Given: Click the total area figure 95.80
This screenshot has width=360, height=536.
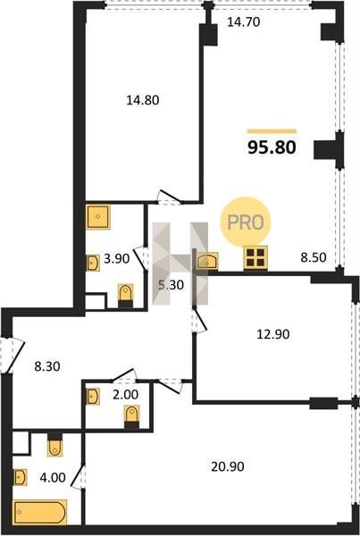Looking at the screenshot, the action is pyautogui.click(x=272, y=147).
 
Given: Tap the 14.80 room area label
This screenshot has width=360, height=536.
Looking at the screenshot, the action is pyautogui.click(x=143, y=100).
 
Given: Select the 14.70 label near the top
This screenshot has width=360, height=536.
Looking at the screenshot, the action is pyautogui.click(x=244, y=21).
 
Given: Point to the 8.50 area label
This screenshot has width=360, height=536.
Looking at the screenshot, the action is pyautogui.click(x=314, y=257).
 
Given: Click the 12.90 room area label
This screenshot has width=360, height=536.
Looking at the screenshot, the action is pyautogui.click(x=273, y=334).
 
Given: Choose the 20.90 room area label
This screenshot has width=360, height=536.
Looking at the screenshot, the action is pyautogui.click(x=228, y=466).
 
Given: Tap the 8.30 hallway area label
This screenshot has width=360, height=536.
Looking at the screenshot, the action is pyautogui.click(x=47, y=366).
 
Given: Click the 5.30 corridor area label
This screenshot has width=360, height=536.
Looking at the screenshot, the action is pyautogui.click(x=171, y=284).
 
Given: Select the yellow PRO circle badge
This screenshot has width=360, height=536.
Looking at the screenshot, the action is pyautogui.click(x=246, y=222).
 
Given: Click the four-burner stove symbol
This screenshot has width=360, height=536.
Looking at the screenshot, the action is pyautogui.click(x=255, y=258).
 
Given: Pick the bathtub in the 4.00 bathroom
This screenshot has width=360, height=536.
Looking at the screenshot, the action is pyautogui.click(x=40, y=512).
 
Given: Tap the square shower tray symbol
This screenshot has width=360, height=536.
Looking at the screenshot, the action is pyautogui.click(x=98, y=216).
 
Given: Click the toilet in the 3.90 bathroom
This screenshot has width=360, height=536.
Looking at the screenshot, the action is pyautogui.click(x=125, y=296).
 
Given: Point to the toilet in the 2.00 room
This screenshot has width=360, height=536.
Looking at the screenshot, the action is pyautogui.click(x=132, y=416).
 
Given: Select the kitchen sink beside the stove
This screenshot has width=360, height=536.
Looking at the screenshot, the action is pyautogui.click(x=207, y=261).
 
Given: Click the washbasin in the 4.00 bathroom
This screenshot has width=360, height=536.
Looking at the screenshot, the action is pyautogui.click(x=21, y=477).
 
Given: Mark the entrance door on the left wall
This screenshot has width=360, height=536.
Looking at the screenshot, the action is pyautogui.click(x=13, y=356).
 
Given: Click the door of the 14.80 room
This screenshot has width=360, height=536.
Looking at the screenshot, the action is pyautogui.click(x=170, y=197).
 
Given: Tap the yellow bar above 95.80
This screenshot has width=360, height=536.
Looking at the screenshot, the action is pyautogui.click(x=272, y=131).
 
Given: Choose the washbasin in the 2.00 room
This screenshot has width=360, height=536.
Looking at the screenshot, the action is pyautogui.click(x=93, y=397).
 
